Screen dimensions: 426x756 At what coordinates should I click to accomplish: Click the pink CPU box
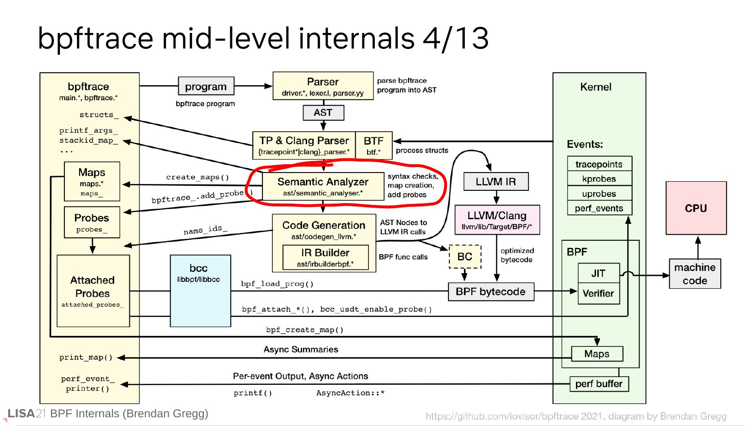click(x=696, y=208)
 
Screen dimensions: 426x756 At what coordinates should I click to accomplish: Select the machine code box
click(x=695, y=274)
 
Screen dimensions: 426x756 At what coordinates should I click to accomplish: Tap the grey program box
click(x=206, y=86)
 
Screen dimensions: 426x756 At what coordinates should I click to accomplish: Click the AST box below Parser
click(x=323, y=113)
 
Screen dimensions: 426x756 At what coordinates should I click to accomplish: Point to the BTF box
click(x=373, y=146)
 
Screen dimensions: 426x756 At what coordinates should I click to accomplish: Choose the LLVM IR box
click(x=496, y=182)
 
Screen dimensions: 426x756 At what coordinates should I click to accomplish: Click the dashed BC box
click(x=465, y=257)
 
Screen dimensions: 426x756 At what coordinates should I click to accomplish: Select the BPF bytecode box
click(x=491, y=292)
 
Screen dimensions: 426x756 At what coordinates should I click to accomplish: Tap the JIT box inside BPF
click(x=598, y=273)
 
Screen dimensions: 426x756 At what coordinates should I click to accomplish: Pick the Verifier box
click(x=598, y=294)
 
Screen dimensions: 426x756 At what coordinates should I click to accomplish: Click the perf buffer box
click(x=599, y=384)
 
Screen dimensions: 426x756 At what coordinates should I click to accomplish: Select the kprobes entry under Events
click(x=599, y=179)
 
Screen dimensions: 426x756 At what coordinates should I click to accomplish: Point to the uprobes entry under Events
click(x=599, y=194)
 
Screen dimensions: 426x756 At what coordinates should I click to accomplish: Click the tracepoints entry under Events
click(x=599, y=164)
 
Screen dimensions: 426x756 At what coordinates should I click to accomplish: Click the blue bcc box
click(x=200, y=291)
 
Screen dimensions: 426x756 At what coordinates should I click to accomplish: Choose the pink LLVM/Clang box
click(x=497, y=220)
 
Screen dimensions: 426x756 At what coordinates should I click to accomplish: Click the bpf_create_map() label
click(x=304, y=330)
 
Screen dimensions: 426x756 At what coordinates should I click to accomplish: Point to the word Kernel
click(x=596, y=87)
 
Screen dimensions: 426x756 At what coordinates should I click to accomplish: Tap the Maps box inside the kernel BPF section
click(x=597, y=354)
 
